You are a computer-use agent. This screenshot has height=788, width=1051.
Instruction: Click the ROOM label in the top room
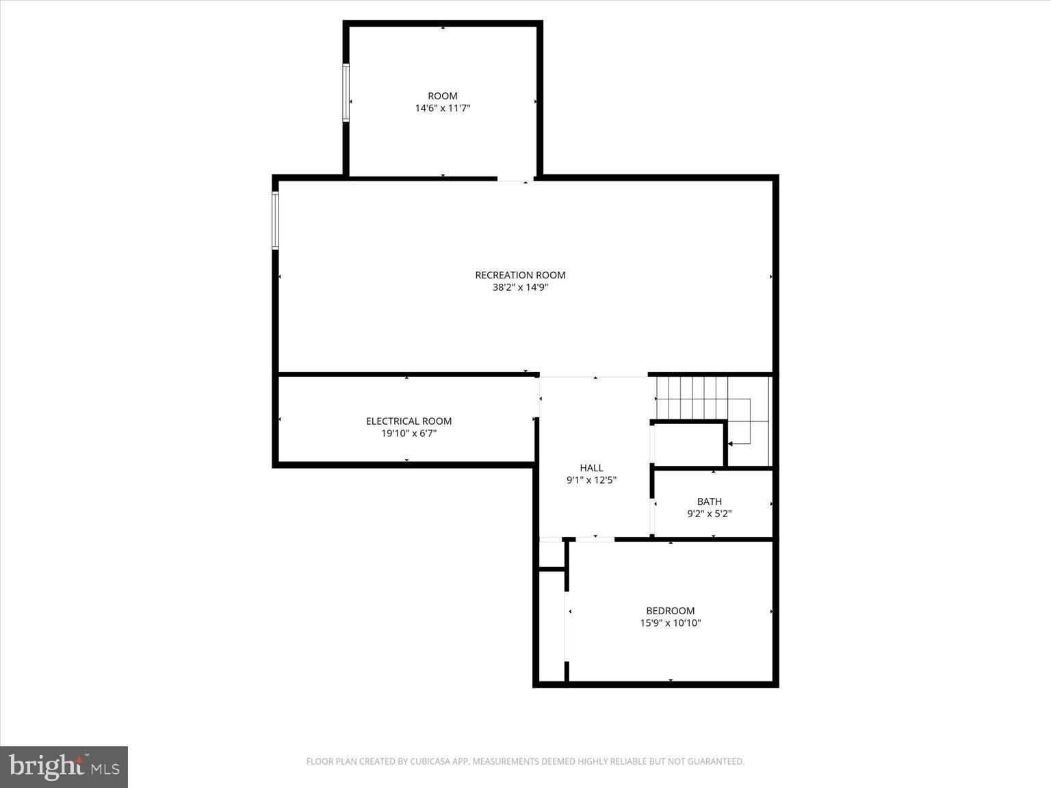(442, 96)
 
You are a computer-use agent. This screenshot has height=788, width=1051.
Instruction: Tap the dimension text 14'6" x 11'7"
(443, 108)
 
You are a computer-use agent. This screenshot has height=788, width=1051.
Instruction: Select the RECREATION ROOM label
(520, 275)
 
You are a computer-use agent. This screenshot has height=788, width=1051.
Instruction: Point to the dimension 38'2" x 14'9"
(520, 288)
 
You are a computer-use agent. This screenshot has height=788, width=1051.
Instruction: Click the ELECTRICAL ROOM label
(408, 421)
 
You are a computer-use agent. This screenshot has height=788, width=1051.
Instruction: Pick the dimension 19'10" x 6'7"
(408, 434)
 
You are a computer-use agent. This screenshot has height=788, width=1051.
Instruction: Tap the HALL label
(591, 468)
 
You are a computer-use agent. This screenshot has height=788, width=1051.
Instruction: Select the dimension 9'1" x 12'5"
(591, 480)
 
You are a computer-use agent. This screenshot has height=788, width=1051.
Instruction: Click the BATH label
(709, 501)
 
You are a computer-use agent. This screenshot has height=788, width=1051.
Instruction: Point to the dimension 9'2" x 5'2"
(709, 514)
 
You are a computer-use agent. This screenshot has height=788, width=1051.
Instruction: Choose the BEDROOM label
(670, 611)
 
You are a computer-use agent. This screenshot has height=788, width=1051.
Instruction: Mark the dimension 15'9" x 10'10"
(670, 623)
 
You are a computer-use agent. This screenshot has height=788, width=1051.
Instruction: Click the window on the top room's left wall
(346, 93)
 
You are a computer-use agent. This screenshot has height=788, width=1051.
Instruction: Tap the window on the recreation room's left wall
(276, 220)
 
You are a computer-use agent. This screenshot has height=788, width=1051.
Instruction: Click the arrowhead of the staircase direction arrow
(730, 444)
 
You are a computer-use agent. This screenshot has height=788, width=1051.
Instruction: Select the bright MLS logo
(64, 767)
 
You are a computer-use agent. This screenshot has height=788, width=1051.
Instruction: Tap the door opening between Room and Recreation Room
(515, 179)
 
